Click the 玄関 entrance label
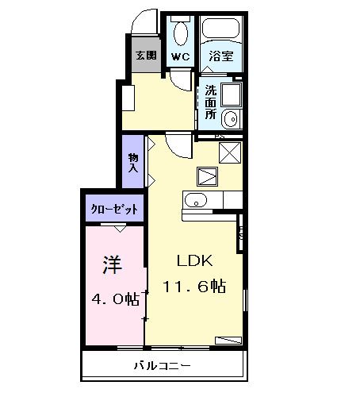tap(144, 56)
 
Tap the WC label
tap(180, 56)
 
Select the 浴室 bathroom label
tap(220, 56)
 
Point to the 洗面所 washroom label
tap(211, 102)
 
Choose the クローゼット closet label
tap(116, 209)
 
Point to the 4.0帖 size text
tap(112, 299)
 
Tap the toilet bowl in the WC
tap(180, 33)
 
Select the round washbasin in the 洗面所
tap(231, 120)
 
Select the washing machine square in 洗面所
tap(231, 94)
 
